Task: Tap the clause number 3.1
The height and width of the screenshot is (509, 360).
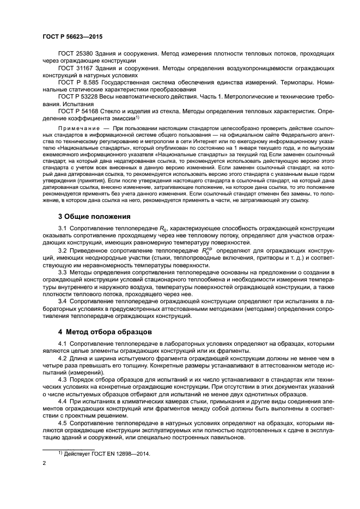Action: click(x=63, y=229)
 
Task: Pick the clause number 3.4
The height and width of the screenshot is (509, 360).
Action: click(x=63, y=301)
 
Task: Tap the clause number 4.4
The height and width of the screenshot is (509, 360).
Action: click(x=63, y=401)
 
